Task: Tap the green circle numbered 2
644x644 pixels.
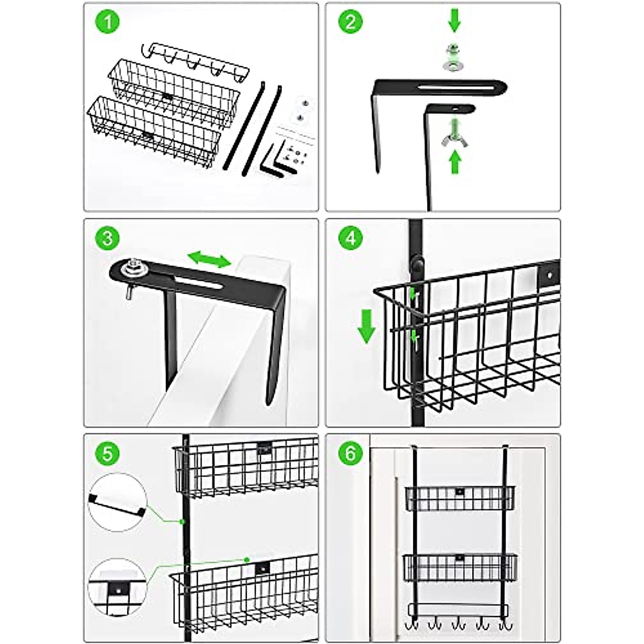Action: pyautogui.click(x=350, y=23)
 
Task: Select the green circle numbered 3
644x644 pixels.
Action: pyautogui.click(x=107, y=238)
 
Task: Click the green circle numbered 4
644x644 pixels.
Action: pyautogui.click(x=350, y=238)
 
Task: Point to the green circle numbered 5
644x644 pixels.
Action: pyautogui.click(x=107, y=453)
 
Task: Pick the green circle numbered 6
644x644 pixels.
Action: pyautogui.click(x=350, y=453)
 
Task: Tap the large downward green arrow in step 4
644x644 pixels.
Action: pyautogui.click(x=367, y=325)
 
